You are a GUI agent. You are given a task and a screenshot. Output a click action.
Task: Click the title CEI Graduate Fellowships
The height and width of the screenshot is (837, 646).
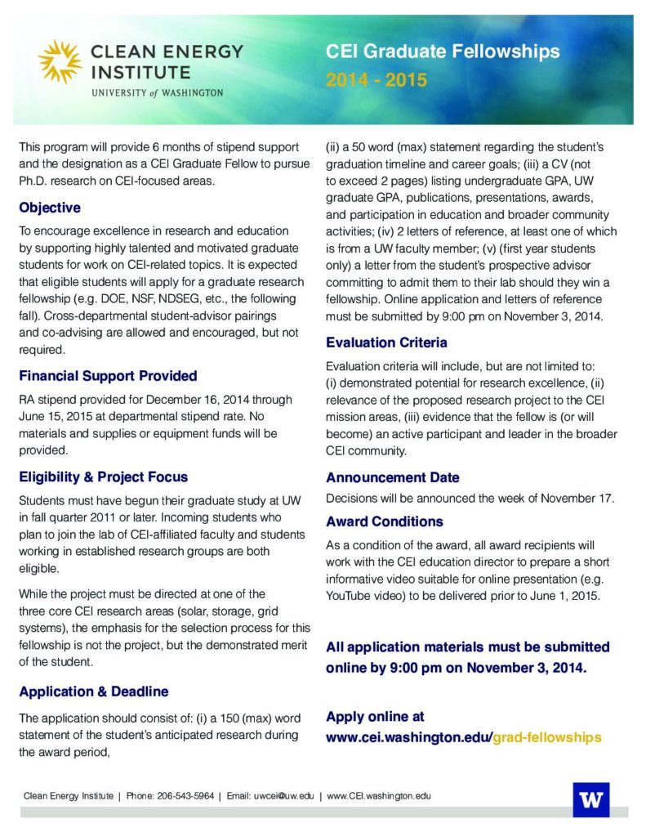[x=443, y=52]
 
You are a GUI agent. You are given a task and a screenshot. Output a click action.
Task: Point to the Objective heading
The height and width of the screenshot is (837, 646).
[x=50, y=208]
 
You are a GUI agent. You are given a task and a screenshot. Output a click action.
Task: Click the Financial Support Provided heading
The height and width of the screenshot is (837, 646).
[x=108, y=376]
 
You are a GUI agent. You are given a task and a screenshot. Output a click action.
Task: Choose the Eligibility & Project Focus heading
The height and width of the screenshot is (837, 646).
[x=103, y=477]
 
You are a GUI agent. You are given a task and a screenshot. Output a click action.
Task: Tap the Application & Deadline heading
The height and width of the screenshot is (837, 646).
[x=93, y=692]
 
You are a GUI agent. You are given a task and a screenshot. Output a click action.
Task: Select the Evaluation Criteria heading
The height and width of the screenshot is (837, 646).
[x=386, y=342]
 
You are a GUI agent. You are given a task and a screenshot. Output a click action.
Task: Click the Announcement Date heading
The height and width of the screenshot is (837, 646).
[x=392, y=477]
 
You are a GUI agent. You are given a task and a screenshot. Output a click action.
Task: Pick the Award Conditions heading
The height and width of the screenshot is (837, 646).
[x=384, y=521]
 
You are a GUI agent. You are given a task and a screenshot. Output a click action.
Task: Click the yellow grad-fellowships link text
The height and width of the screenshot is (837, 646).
[x=547, y=737]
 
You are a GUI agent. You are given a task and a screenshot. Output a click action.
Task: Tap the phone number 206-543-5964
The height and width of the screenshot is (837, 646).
[x=185, y=795]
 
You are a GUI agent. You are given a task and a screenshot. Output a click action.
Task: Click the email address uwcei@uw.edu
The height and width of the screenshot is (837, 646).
[x=283, y=795]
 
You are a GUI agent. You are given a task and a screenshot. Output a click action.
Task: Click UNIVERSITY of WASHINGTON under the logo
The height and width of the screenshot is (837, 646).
[x=158, y=93]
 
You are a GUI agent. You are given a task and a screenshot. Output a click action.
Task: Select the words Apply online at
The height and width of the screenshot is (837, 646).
[x=375, y=717]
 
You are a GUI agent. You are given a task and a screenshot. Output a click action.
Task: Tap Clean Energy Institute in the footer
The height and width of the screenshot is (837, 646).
[x=69, y=795]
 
